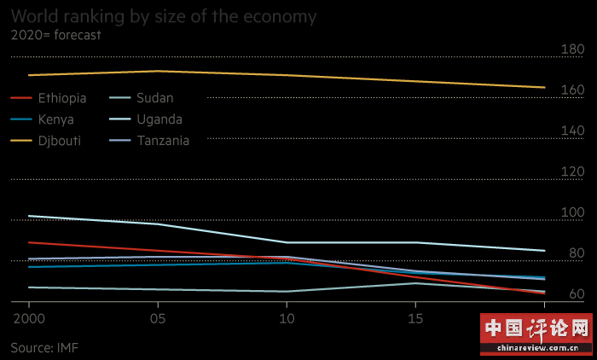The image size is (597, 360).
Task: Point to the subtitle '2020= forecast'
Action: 55,35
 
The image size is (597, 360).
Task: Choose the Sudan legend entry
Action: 154,98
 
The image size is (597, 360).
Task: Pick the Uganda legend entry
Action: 159,119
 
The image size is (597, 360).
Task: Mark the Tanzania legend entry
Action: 163,141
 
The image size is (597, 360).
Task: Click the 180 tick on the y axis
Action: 572,49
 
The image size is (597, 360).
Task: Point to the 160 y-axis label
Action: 572,90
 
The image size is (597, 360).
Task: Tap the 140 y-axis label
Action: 572,131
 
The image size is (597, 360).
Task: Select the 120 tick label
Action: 572,171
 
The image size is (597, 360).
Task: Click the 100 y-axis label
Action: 572,212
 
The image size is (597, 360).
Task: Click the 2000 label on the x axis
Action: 29,318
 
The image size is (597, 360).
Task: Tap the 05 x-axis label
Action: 159,318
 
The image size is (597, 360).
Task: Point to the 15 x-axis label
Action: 416,318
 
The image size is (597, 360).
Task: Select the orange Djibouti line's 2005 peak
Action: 159,71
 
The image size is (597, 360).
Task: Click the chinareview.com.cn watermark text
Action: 536,348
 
